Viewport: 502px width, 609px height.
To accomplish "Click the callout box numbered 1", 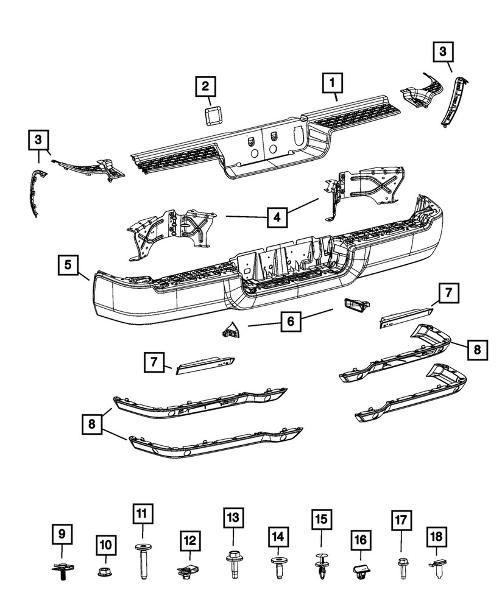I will click(333, 81).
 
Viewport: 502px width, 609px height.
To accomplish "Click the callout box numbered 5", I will click(69, 266).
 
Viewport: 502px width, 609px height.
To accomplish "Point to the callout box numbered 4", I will click(277, 216).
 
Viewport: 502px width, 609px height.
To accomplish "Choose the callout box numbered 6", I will click(291, 322).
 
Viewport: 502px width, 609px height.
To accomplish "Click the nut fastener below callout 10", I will click(105, 572).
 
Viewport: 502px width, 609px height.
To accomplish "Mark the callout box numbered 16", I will click(360, 540).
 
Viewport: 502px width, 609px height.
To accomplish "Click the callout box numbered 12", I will click(189, 540).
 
